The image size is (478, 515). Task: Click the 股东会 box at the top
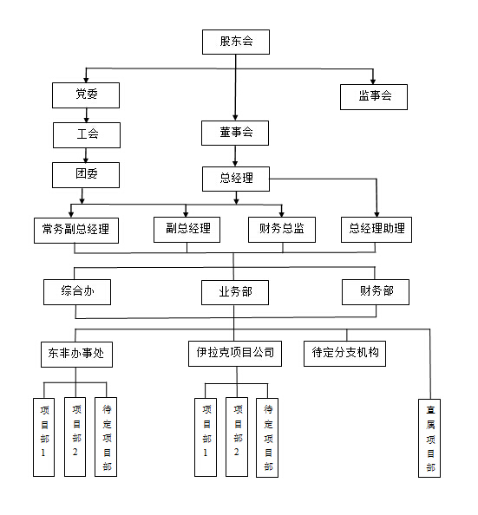pyautogui.click(x=236, y=42)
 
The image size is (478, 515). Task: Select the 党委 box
pyautogui.click(x=86, y=95)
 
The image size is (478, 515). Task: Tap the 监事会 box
pyautogui.click(x=374, y=97)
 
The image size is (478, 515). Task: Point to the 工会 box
pyautogui.click(x=87, y=135)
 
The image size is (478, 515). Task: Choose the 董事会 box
pyautogui.click(x=235, y=133)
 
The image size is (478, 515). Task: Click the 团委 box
pyautogui.click(x=86, y=175)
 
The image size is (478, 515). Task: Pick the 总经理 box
pyautogui.click(x=236, y=179)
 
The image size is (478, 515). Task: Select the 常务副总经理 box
pyautogui.click(x=76, y=231)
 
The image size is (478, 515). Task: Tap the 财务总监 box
pyautogui.click(x=282, y=230)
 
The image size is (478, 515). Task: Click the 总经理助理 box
pyautogui.click(x=377, y=230)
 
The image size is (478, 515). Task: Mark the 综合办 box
pyautogui.click(x=77, y=292)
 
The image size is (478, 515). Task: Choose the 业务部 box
pyautogui.click(x=235, y=292)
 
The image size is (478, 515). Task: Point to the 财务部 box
pyautogui.click(x=376, y=292)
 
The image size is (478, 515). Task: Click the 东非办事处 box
pyautogui.click(x=76, y=355)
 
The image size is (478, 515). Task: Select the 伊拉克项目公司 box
pyautogui.click(x=235, y=354)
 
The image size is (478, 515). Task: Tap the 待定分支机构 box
pyautogui.click(x=344, y=354)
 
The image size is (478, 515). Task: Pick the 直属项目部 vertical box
pyautogui.click(x=429, y=438)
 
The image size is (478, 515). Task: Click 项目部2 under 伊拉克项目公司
pyautogui.click(x=237, y=437)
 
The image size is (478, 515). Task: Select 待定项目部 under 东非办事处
pyautogui.click(x=106, y=437)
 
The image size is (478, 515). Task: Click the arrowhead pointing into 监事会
pyautogui.click(x=373, y=81)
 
